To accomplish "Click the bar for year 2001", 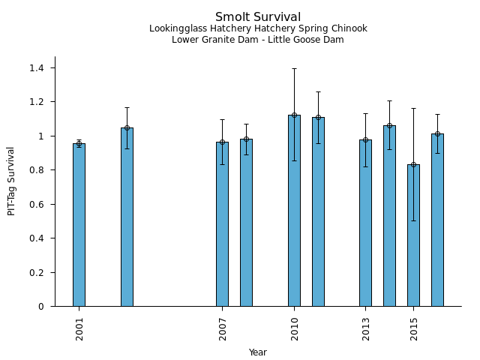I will [x=79, y=225].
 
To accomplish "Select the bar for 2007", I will [x=222, y=225].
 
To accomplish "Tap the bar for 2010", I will [x=294, y=210].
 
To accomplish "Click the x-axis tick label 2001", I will [x=79, y=328].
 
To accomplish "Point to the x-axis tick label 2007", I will [x=223, y=328].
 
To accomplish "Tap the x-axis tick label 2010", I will [x=294, y=328].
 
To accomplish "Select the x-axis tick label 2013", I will [x=366, y=328].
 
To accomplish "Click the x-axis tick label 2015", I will [x=414, y=328].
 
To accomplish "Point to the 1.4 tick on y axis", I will [x=37, y=68].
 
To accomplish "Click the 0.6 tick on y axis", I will [x=37, y=205].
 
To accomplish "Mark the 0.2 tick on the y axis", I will [x=37, y=273].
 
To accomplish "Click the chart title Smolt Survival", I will [x=258, y=17].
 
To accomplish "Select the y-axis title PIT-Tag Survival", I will [x=11, y=181].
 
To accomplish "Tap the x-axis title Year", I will [x=258, y=352].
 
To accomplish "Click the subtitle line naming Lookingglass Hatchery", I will [x=258, y=29].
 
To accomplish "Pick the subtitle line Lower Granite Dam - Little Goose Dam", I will [x=258, y=40].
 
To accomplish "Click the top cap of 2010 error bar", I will [x=294, y=68].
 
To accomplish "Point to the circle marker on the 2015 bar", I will [x=413, y=164].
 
